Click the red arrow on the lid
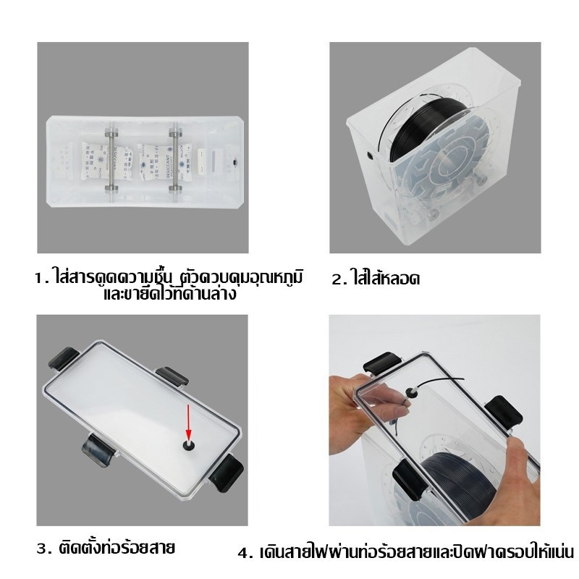point(189,422)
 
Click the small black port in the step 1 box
point(234,161)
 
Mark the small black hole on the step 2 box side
point(369,155)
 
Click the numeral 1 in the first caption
point(39,278)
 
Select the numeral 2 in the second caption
point(337,279)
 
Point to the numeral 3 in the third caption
point(43,549)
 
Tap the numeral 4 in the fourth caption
point(244,553)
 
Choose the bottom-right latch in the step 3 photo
point(227,473)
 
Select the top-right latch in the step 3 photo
point(173,376)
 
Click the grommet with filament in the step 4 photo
point(410,390)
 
